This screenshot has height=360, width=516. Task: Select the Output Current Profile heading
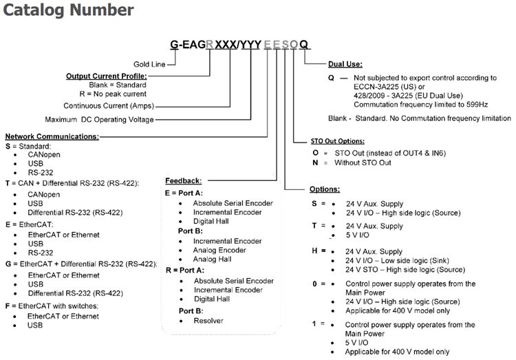[106, 75]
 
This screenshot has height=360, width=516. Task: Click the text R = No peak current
[114, 92]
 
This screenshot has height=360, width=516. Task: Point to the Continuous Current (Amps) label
[109, 106]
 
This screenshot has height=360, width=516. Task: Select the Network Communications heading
[52, 136]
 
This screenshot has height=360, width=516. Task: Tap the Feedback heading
[183, 180]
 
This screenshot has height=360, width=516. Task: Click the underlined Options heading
[324, 189]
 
